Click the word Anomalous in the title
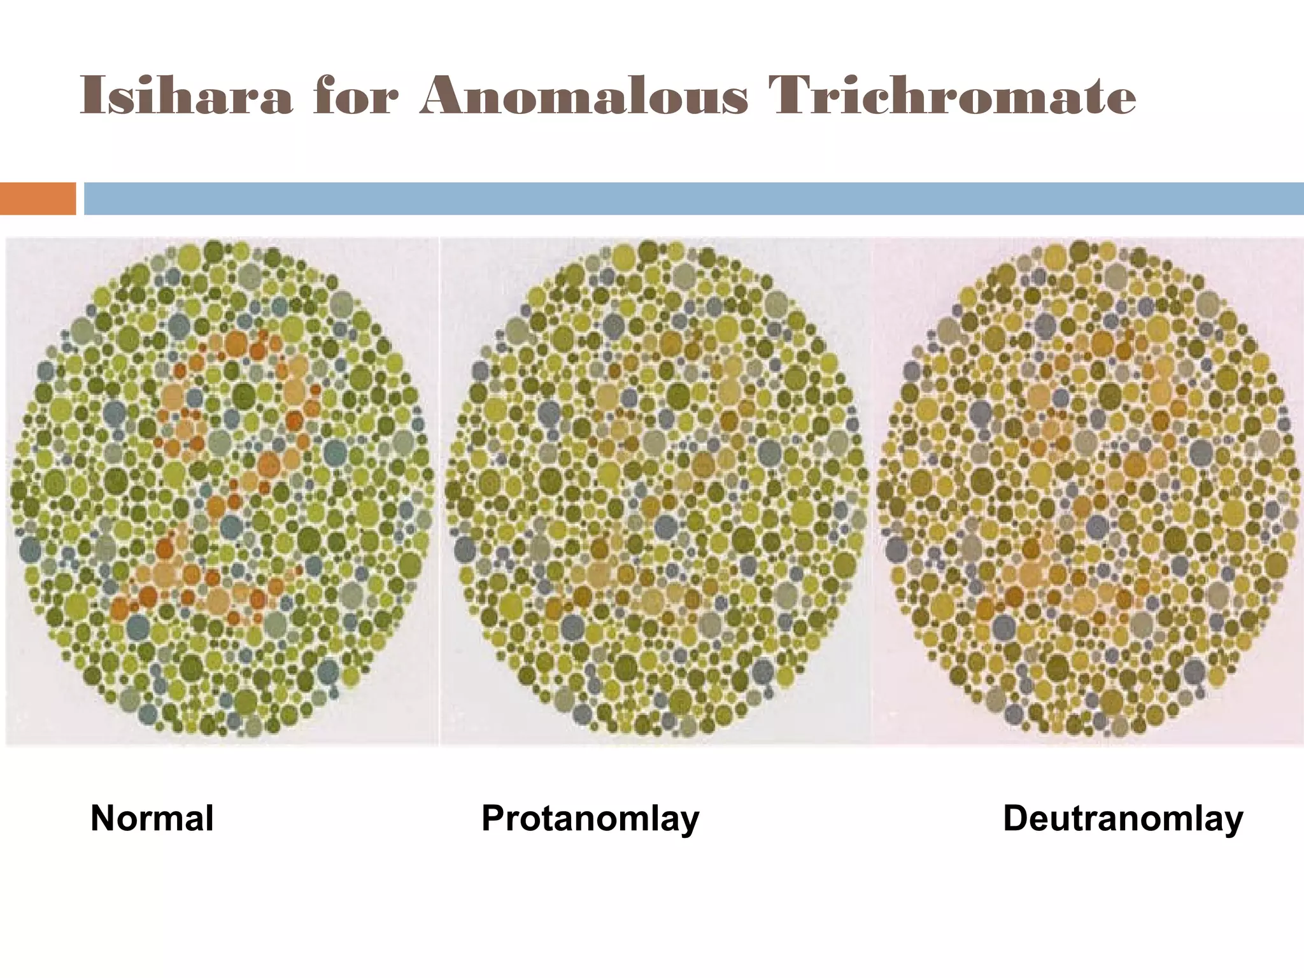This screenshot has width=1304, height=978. (x=583, y=97)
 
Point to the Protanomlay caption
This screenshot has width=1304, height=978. (x=590, y=819)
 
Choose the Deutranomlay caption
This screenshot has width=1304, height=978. (x=1123, y=819)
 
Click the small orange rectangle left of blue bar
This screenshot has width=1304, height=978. (x=38, y=199)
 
